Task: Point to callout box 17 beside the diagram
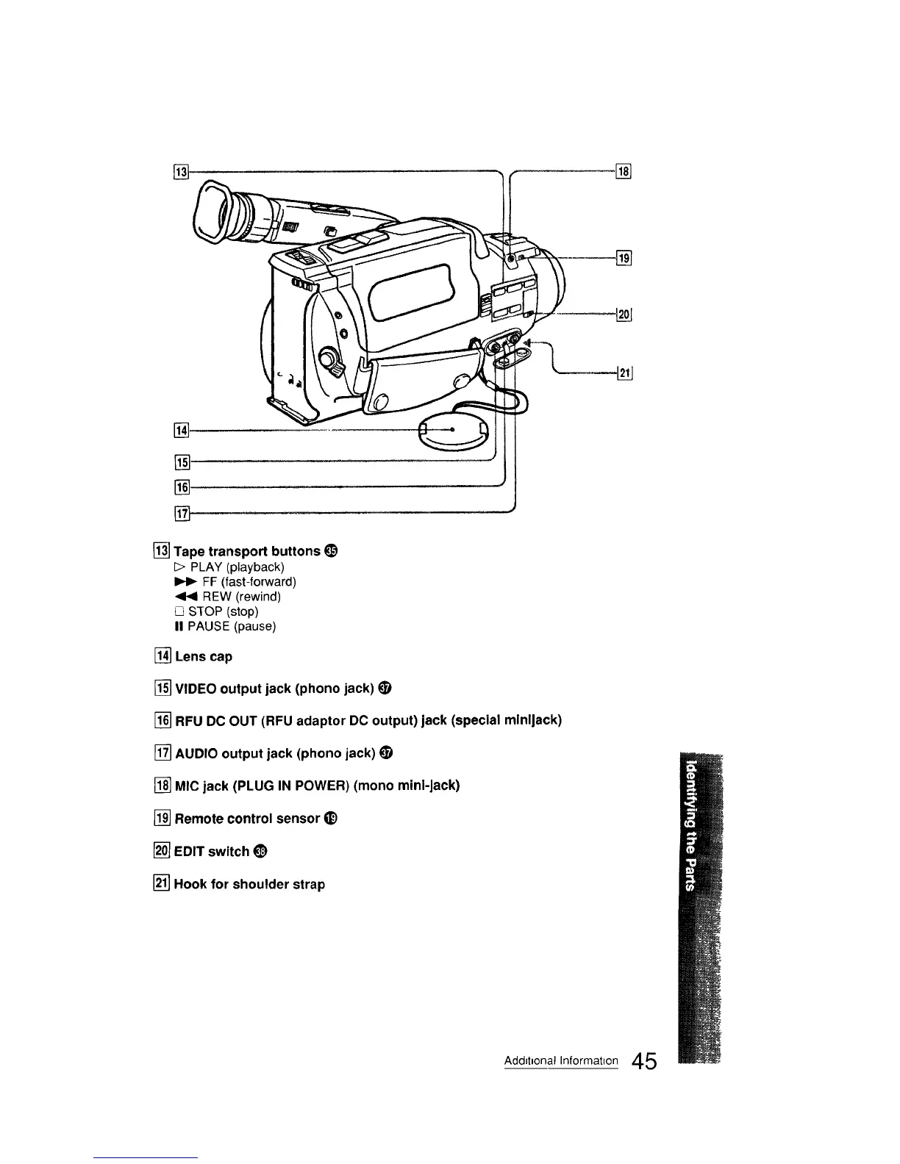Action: point(182,513)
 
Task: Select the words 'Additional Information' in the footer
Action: point(561,1061)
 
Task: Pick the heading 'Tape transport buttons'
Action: point(247,551)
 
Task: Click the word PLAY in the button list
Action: point(207,567)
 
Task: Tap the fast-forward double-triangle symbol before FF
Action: point(181,582)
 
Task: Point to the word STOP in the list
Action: point(205,611)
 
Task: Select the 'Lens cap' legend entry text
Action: point(203,656)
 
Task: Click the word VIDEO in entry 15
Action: point(196,689)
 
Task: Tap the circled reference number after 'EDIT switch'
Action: point(260,852)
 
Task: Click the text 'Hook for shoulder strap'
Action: point(249,884)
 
